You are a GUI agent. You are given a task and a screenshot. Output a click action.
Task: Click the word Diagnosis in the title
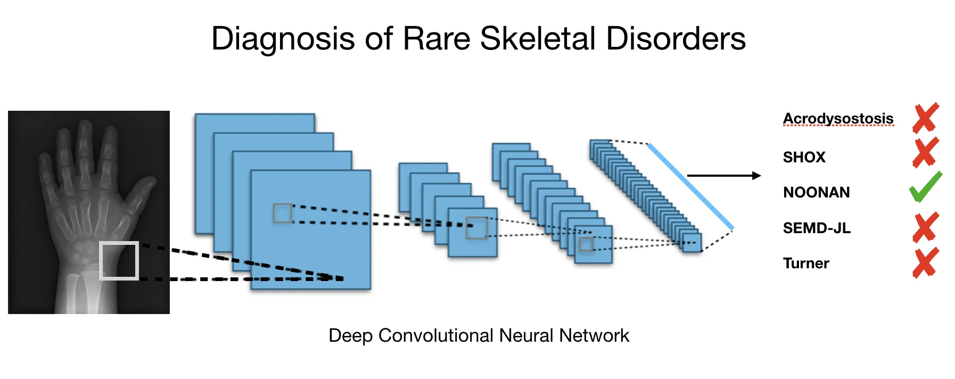point(283,39)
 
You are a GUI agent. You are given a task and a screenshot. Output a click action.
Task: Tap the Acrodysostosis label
point(838,118)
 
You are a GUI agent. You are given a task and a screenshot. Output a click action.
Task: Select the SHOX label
point(804,157)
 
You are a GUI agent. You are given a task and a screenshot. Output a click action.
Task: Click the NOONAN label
point(816,192)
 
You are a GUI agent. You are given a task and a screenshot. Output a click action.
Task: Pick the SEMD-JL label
point(817,228)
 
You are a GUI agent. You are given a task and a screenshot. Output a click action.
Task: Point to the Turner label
point(806,263)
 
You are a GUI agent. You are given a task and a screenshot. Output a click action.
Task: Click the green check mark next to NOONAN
point(926,187)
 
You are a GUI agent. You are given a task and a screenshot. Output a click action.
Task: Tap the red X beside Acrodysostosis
point(926,118)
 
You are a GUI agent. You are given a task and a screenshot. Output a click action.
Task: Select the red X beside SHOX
point(926,153)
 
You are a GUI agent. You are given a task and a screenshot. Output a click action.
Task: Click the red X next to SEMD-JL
point(926,227)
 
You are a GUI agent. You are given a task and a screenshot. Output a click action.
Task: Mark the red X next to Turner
point(926,263)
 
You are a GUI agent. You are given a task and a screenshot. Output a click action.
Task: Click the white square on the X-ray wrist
point(119,261)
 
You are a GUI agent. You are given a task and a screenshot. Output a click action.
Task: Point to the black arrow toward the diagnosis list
point(724,176)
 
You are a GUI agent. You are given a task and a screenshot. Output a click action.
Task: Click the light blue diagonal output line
point(690,186)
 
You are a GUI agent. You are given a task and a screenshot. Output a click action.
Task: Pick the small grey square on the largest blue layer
point(282,213)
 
